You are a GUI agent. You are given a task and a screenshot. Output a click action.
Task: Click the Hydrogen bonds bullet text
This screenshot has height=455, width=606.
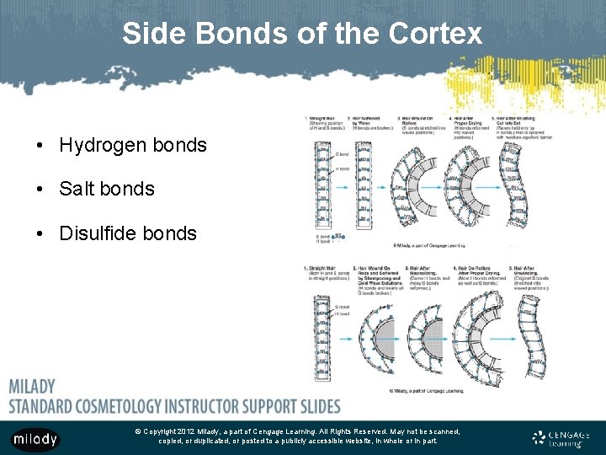point(133,145)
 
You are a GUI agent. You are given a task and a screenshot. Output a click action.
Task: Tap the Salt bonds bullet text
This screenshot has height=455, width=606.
point(107,189)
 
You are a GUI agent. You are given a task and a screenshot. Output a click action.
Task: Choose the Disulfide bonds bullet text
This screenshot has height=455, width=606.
point(128,233)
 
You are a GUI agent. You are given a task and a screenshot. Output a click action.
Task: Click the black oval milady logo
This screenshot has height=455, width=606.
point(35,439)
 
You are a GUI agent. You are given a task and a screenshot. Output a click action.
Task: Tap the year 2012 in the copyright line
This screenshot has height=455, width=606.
point(189,431)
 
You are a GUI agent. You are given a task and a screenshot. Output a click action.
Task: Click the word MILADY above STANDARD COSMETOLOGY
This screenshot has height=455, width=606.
point(32,387)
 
